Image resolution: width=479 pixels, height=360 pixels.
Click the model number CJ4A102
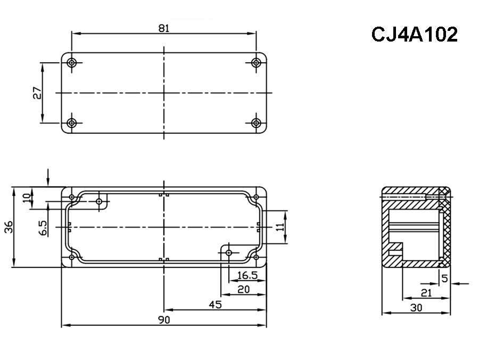(414, 35)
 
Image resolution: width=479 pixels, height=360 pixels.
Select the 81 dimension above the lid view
(164, 29)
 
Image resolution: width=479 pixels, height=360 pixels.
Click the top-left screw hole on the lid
(72, 63)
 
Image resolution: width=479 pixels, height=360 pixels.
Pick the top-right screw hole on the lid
(256, 63)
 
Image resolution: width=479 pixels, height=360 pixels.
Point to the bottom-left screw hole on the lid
(72, 123)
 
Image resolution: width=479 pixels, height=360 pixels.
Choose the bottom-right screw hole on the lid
(256, 123)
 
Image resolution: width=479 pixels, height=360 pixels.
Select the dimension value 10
(27, 198)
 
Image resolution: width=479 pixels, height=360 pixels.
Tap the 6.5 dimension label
(43, 228)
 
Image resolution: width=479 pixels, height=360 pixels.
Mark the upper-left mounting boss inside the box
(99, 201)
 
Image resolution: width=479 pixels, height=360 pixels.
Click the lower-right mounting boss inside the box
(229, 252)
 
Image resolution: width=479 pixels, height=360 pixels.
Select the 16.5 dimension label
(247, 275)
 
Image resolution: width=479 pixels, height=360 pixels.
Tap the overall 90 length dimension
(164, 320)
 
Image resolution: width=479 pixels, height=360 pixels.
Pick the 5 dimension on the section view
(444, 277)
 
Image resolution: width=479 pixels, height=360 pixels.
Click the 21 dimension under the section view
(426, 292)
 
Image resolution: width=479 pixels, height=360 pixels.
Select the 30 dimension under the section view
(416, 307)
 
